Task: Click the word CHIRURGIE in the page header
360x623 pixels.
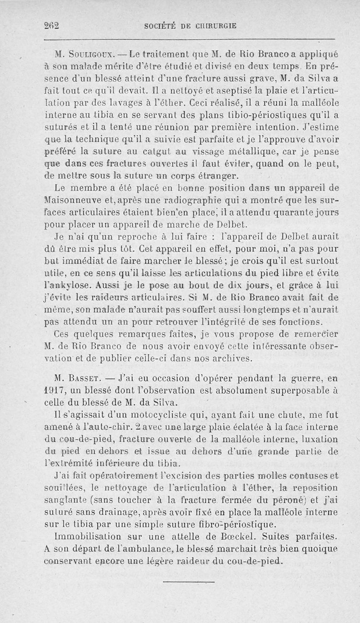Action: click(209, 26)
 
